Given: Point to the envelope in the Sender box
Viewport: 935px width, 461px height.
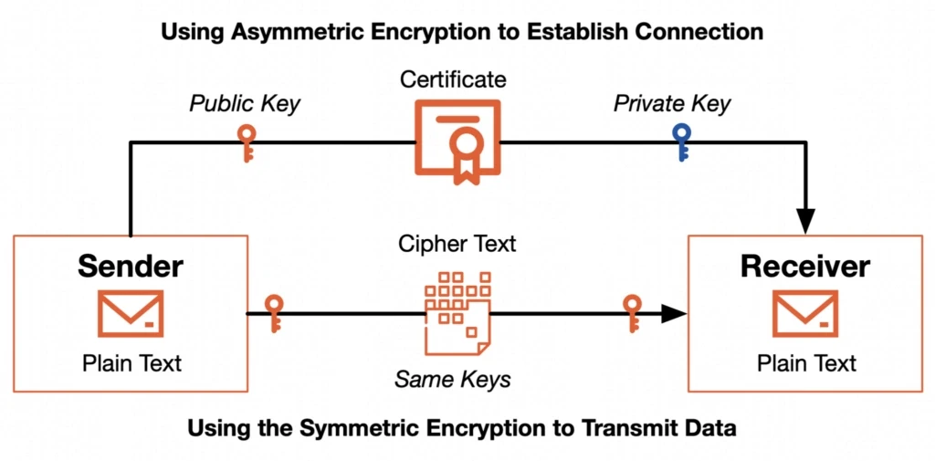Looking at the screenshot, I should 131,313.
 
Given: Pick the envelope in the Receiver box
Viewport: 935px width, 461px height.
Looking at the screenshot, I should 805,313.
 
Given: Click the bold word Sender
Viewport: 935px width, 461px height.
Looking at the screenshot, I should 131,266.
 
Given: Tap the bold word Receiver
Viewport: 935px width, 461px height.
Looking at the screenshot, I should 805,267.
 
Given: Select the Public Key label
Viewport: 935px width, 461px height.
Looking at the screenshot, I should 245,103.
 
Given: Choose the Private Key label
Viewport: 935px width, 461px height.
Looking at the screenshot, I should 672,103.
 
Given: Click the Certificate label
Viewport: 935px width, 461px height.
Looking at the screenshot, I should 453,79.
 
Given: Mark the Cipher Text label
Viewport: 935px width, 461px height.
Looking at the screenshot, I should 457,244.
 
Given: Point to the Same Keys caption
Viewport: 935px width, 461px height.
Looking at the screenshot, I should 453,379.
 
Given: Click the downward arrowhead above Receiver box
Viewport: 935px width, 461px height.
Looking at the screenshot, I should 805,221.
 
